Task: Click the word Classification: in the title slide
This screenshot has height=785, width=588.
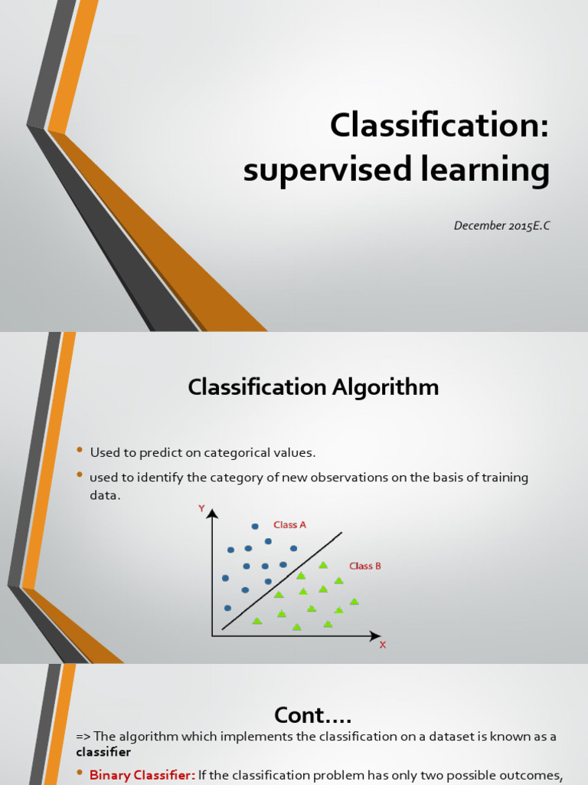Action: coord(439,125)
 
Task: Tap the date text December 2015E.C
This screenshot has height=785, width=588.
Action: coord(501,225)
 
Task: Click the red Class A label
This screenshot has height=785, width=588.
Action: coord(289,525)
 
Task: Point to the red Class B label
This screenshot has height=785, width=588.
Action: coord(365,566)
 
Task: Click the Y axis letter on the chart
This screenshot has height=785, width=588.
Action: coord(201,508)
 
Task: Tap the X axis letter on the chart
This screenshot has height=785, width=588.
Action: coord(383,645)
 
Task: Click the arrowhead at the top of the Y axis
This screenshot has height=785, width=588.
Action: coord(213,513)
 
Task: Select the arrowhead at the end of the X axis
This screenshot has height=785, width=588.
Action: coord(375,636)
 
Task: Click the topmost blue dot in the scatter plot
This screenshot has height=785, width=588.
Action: coord(255,527)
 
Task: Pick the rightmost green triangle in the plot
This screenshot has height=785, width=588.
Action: coord(354,602)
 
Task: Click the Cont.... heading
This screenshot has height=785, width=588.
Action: coord(312,715)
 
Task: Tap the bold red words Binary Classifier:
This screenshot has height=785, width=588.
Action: coord(142,775)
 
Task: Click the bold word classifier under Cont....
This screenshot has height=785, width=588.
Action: coord(103,752)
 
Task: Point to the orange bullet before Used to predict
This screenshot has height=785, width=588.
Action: coord(79,450)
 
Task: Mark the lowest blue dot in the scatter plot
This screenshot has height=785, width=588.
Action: coord(227,608)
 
